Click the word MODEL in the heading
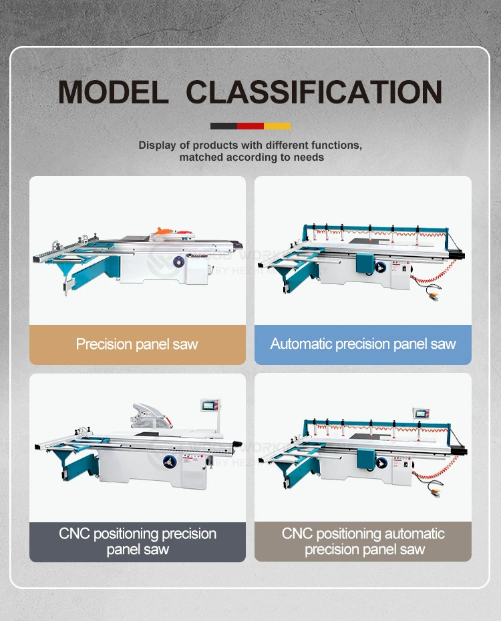[x=113, y=91]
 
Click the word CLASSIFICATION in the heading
[x=313, y=91]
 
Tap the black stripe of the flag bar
[x=224, y=125]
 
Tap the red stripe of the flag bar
[x=251, y=125]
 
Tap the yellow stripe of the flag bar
[x=277, y=125]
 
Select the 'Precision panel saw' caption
[x=137, y=344]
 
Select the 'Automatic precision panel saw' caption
[x=363, y=344]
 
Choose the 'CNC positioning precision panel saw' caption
[x=138, y=542]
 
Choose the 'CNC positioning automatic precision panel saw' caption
[x=363, y=542]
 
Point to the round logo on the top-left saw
[x=178, y=263]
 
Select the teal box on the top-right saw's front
[x=365, y=262]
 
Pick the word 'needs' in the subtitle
[x=309, y=157]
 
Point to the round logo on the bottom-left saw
[x=165, y=460]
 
